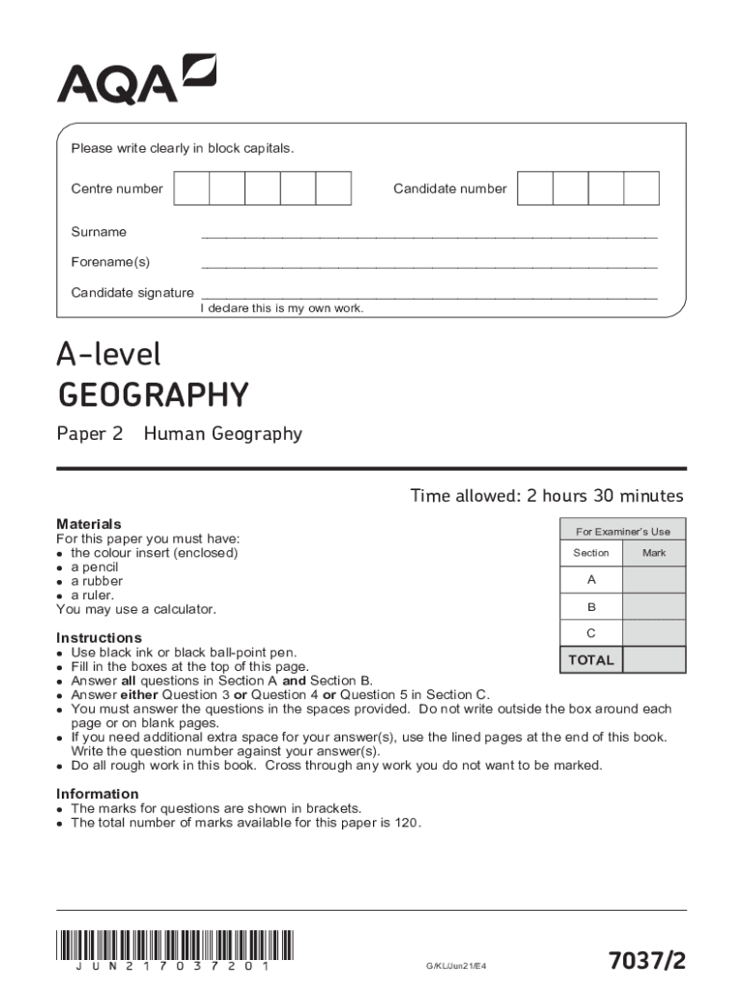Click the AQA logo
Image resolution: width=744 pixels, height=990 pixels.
(x=136, y=79)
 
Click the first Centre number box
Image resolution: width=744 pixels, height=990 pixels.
(x=191, y=189)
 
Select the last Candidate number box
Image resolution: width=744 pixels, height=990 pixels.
(x=641, y=189)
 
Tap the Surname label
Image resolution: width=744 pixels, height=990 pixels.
(x=99, y=232)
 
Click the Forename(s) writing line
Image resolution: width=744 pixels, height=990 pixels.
(x=429, y=266)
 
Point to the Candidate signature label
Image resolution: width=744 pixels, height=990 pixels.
(x=132, y=293)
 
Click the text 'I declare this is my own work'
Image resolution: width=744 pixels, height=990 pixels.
(x=281, y=308)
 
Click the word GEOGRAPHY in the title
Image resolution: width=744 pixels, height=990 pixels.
(x=154, y=395)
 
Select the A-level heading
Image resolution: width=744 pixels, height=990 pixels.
(x=109, y=356)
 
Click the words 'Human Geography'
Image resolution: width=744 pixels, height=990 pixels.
(x=222, y=434)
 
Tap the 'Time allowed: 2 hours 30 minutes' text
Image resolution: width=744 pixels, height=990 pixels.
(x=547, y=496)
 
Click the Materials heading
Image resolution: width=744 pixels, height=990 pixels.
(x=89, y=524)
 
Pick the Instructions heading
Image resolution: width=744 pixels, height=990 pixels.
(x=99, y=638)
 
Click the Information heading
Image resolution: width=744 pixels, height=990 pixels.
(x=98, y=794)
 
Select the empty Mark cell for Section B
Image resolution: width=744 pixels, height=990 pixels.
(x=654, y=606)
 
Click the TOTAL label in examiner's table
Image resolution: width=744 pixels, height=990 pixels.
(x=591, y=660)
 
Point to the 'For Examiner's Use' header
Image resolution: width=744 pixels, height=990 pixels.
(x=623, y=532)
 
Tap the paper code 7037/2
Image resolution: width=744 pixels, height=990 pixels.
(x=646, y=960)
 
